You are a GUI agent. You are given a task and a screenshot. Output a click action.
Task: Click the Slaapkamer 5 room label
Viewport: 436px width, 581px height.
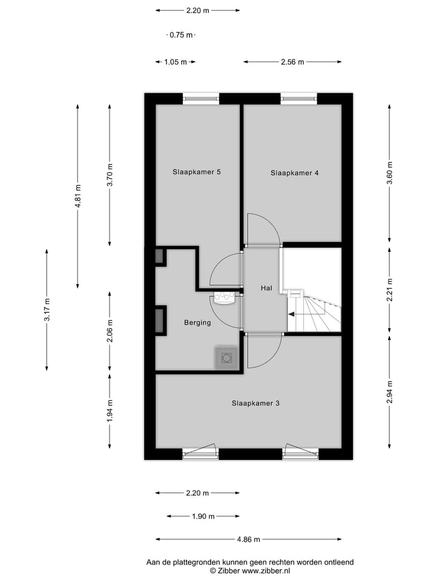[x=196, y=172]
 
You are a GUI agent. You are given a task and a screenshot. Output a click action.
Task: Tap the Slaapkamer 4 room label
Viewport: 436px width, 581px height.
[x=294, y=172]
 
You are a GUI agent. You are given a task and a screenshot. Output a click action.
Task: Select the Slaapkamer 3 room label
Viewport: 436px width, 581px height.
[x=255, y=402]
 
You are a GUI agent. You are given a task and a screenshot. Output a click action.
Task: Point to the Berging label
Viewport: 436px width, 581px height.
[x=197, y=323]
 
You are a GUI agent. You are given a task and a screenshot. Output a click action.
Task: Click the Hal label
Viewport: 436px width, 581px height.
[x=266, y=288]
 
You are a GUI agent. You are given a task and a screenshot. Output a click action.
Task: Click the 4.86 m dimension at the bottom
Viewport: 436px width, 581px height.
[x=248, y=539]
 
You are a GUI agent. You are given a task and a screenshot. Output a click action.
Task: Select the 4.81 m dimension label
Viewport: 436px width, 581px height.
[x=78, y=196]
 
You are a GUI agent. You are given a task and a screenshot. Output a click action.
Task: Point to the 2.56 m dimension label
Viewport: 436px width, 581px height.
[x=292, y=62]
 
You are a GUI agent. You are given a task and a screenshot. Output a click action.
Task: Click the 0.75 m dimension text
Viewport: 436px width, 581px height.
[x=180, y=35]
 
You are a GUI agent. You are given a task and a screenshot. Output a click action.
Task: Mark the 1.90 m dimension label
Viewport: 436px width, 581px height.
[x=203, y=516]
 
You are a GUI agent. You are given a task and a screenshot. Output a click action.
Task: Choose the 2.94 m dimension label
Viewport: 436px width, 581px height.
[x=390, y=392]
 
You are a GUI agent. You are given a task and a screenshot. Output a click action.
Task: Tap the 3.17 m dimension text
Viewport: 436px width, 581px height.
[x=47, y=310]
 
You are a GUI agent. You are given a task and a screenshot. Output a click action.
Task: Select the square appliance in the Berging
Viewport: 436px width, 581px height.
[x=227, y=358]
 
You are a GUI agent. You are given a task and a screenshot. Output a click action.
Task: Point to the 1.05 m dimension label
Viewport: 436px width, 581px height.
[x=176, y=62]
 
